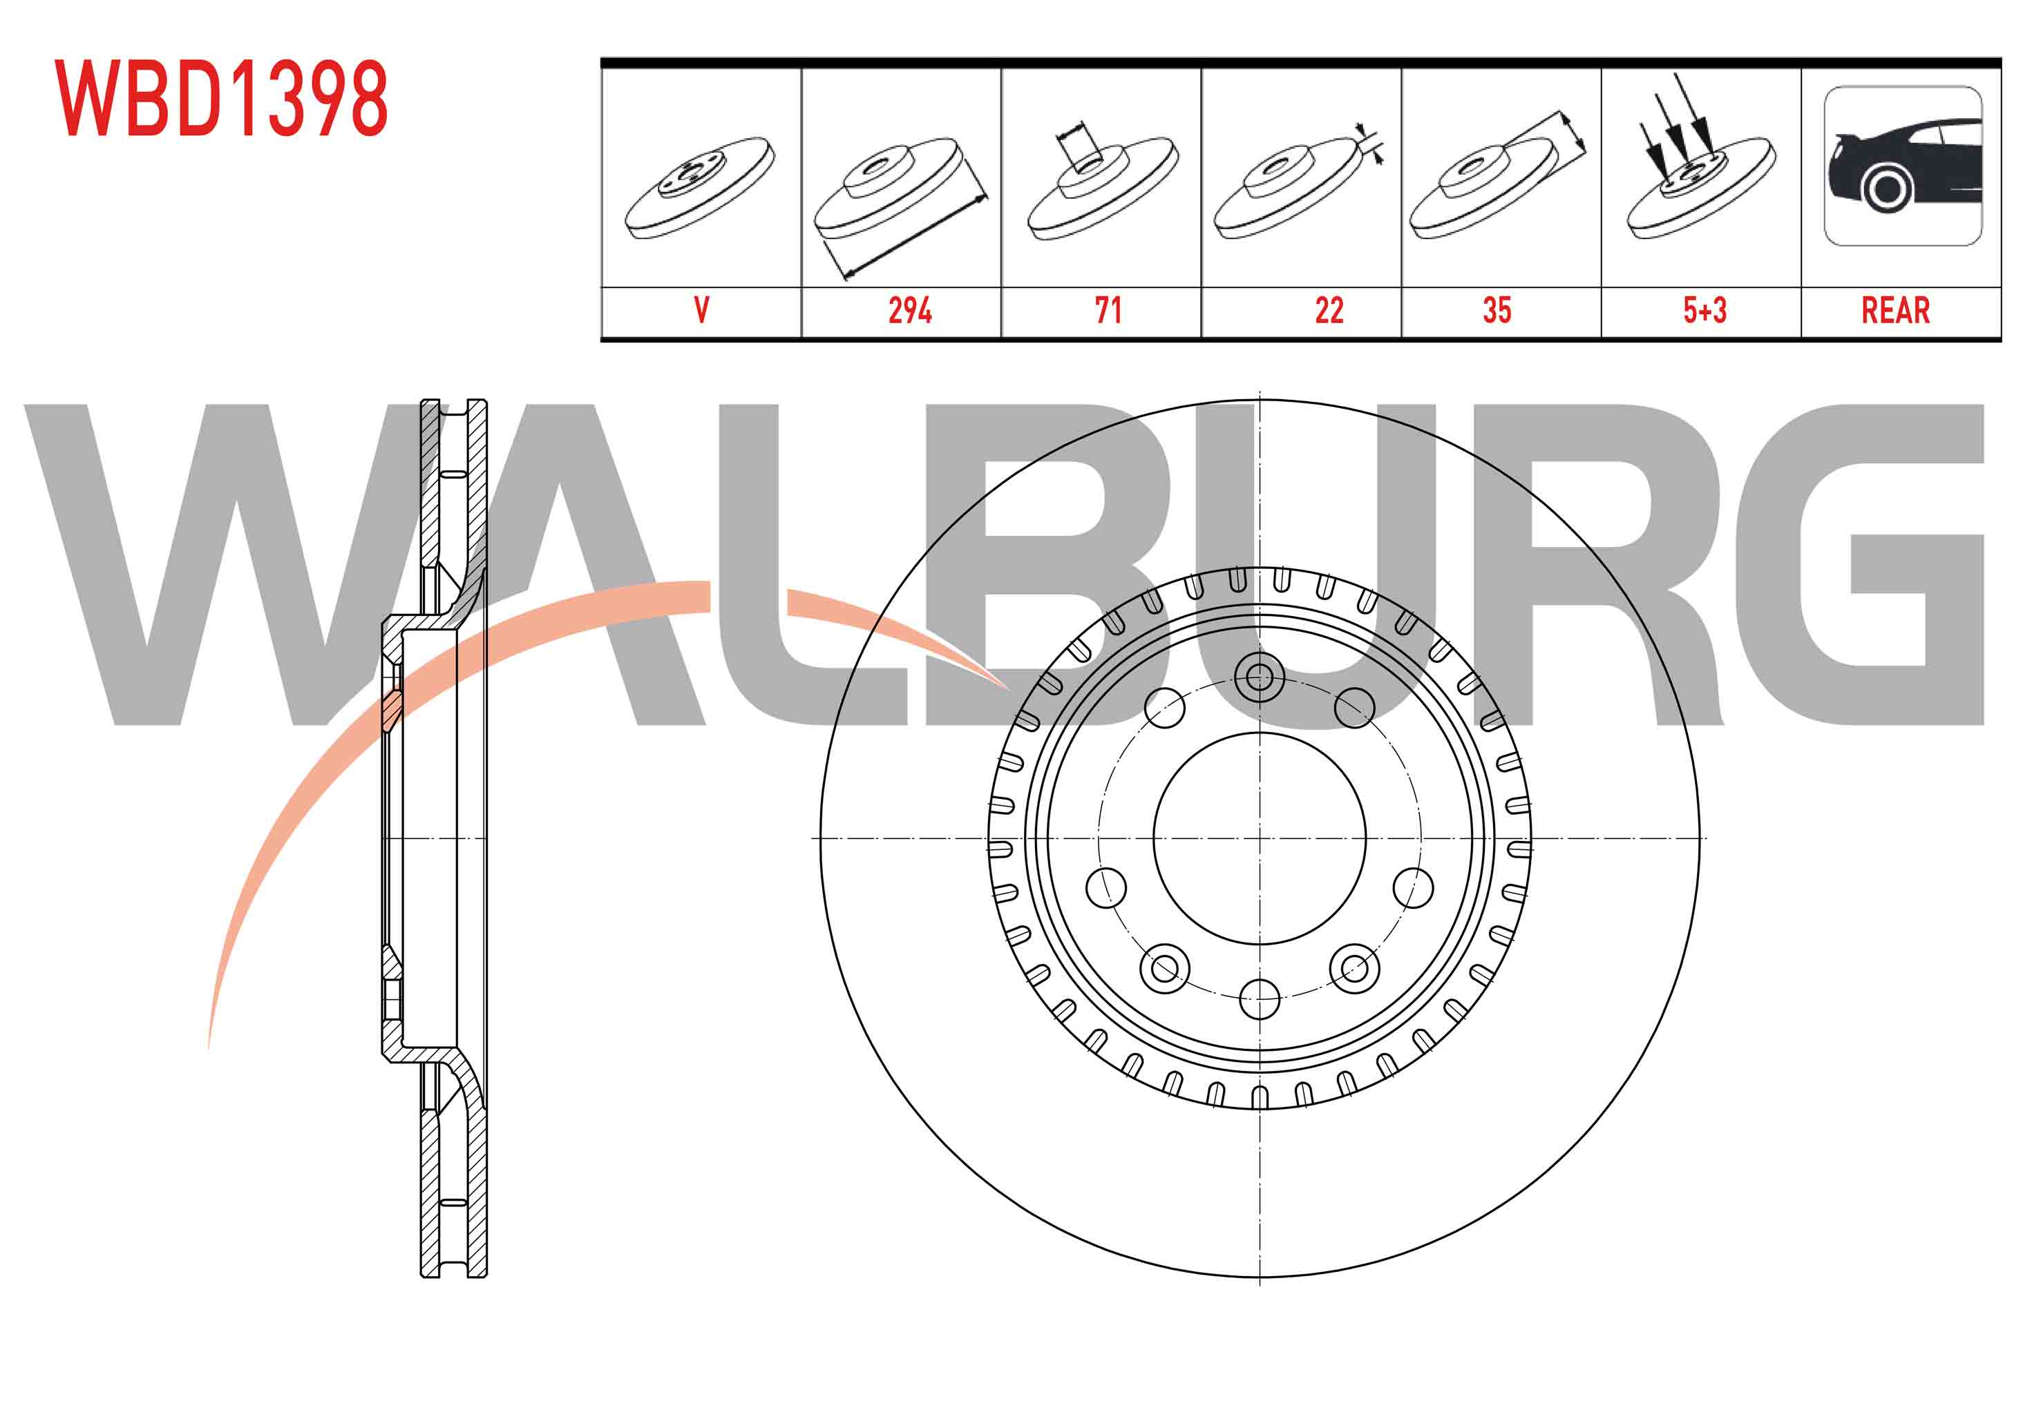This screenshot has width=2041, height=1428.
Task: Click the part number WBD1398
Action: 220,99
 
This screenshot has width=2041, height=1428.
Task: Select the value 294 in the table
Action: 909,310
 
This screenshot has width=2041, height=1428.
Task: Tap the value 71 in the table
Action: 1108,310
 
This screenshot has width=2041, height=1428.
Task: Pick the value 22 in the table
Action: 1329,310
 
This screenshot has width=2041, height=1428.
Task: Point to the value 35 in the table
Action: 1497,310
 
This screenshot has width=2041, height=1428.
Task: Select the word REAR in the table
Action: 1895,310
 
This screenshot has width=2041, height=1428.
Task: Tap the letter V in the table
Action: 701,310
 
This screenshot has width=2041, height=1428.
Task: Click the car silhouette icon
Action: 1902,166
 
